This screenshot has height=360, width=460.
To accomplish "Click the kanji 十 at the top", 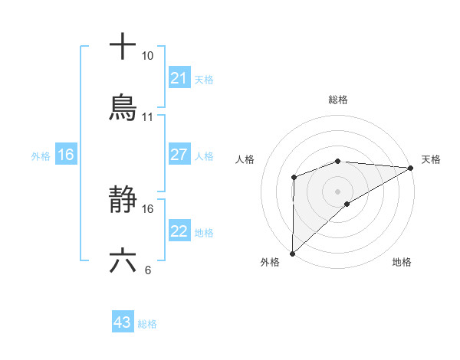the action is [123, 47].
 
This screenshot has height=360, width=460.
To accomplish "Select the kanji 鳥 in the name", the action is [123, 108].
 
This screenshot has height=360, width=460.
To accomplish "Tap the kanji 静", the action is [123, 201].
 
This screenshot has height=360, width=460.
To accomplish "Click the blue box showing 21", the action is [179, 77].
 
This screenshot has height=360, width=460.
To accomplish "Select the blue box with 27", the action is [179, 155].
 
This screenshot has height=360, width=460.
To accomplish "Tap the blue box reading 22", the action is [179, 231].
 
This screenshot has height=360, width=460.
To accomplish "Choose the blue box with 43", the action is [123, 322].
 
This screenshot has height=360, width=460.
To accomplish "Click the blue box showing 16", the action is [66, 155].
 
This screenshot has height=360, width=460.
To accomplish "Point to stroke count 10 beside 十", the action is [148, 56].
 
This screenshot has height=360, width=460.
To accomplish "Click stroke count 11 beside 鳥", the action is [148, 117].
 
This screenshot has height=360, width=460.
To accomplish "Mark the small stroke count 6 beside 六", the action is [148, 270].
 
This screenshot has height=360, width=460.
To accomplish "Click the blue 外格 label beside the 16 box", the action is [41, 155].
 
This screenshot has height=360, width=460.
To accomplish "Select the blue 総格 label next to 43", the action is [147, 324].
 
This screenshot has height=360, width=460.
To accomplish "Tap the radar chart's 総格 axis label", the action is [338, 100].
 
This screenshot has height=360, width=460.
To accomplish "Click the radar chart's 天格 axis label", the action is [431, 159].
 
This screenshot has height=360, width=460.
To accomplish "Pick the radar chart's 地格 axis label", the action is [402, 262].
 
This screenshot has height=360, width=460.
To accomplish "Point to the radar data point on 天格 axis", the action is [411, 168].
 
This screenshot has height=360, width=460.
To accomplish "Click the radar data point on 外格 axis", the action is [292, 253].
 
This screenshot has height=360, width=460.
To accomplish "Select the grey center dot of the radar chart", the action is [338, 191].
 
